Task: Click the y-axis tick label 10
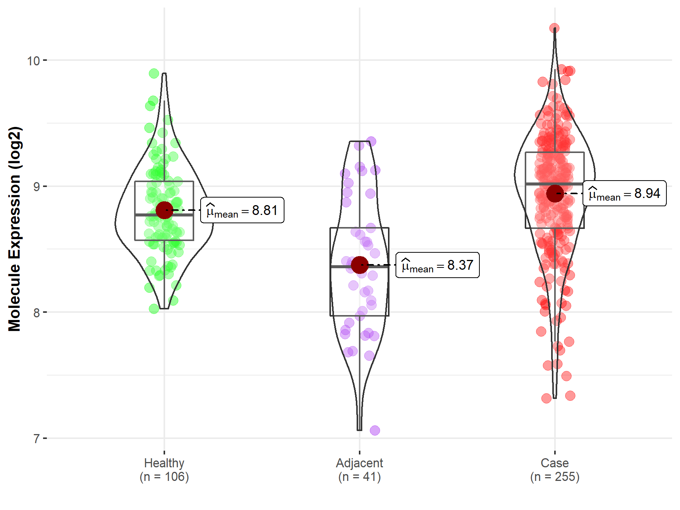click(x=33, y=60)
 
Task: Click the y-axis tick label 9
click(x=36, y=187)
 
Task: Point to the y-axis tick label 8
click(x=36, y=313)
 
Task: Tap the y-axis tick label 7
click(x=36, y=439)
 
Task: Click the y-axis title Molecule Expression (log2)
click(x=14, y=229)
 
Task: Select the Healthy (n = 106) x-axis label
click(x=164, y=470)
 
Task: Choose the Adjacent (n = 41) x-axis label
click(x=359, y=470)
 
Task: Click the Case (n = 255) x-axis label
click(x=555, y=470)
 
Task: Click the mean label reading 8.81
click(x=242, y=210)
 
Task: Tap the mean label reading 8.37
click(x=437, y=265)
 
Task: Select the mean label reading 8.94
click(x=624, y=193)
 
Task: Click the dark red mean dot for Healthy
click(x=164, y=210)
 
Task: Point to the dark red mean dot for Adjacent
click(x=359, y=265)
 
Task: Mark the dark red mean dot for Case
click(x=555, y=193)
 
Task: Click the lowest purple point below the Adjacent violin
click(x=375, y=430)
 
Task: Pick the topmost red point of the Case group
click(x=554, y=28)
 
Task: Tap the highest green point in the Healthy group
click(x=154, y=73)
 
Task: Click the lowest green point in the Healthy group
click(x=154, y=309)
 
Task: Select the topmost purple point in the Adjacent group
click(x=371, y=141)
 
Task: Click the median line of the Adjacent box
click(x=340, y=267)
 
